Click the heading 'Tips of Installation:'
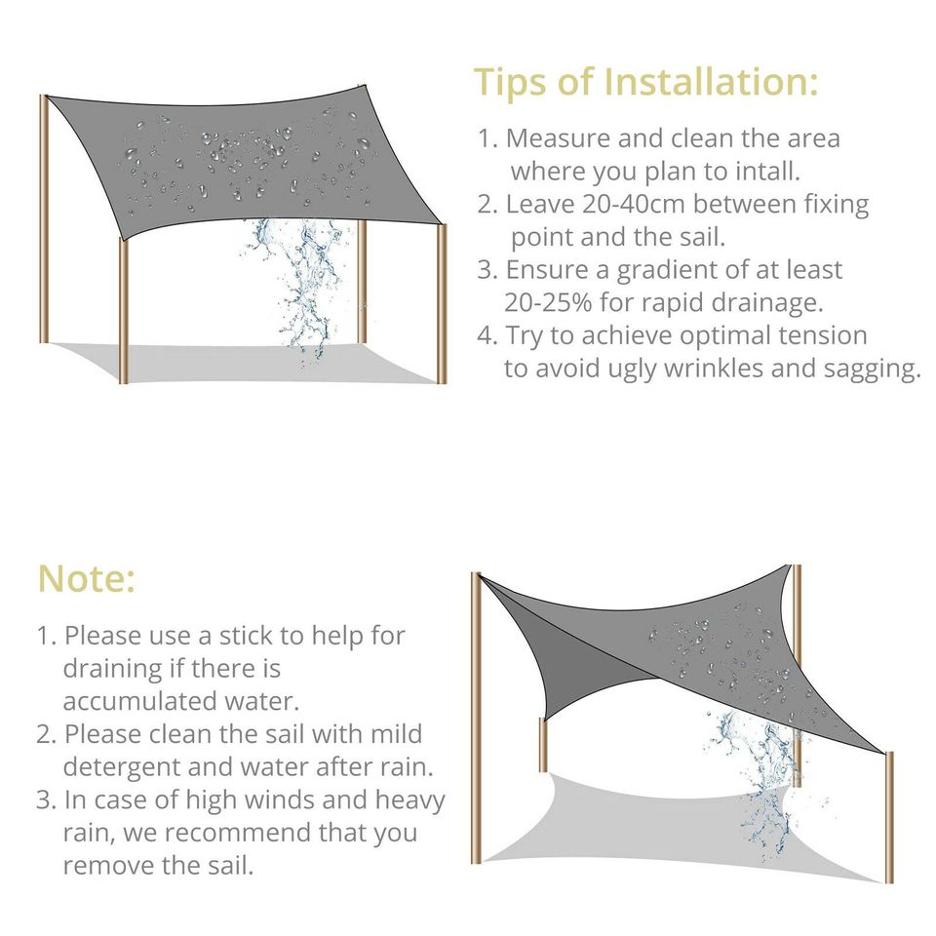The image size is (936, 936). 645,83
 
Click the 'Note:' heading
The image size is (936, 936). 86,579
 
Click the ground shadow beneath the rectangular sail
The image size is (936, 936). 244,363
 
